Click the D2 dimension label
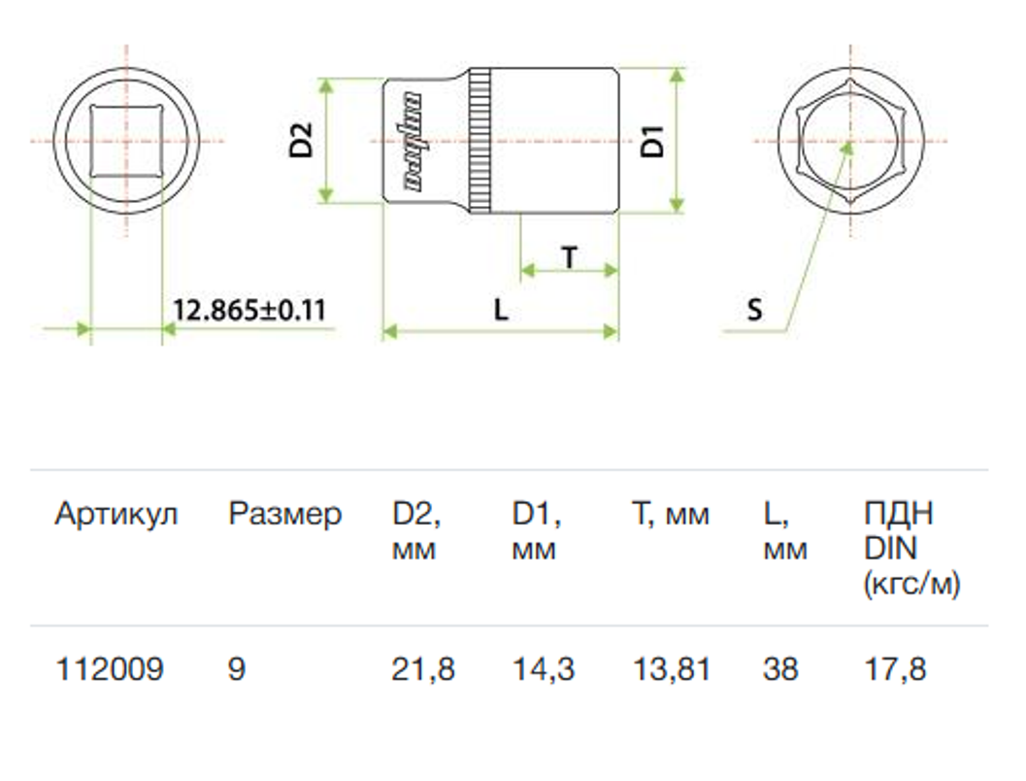tap(302, 141)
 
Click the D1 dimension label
tap(651, 141)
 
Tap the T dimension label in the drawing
tap(570, 257)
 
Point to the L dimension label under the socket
tap(501, 309)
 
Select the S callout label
tap(754, 309)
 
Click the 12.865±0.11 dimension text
tap(249, 310)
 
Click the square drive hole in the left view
tap(125, 141)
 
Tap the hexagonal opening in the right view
tap(850, 141)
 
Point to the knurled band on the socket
tap(480, 141)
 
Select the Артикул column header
tap(116, 515)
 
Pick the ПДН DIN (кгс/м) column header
tap(912, 549)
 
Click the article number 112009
tap(110, 669)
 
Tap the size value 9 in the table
tap(237, 669)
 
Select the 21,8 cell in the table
tap(422, 670)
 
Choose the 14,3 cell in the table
tap(544, 670)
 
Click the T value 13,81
tap(672, 670)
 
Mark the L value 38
tap(780, 669)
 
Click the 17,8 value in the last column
tap(895, 670)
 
